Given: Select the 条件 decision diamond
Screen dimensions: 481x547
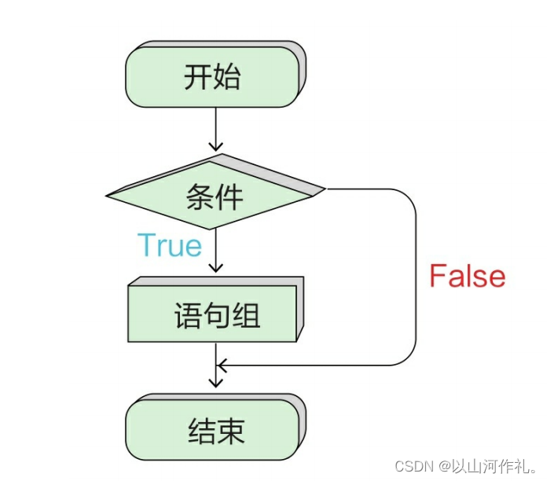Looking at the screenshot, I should point(215,193).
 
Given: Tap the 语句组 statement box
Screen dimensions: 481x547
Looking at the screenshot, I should point(214,314).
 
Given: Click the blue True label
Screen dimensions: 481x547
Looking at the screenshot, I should point(170,245).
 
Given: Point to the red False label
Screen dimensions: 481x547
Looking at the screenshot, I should point(467,277).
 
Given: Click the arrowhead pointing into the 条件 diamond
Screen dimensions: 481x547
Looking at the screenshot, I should point(215,146).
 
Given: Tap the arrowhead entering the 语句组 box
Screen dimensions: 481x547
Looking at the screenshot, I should point(215,267).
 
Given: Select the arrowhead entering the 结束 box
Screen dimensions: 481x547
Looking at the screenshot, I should point(215,383).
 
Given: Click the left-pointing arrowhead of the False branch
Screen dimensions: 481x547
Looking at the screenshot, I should point(222,365).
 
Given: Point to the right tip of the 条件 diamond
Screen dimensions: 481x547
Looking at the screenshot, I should point(324,189).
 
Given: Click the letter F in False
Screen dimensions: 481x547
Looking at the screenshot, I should point(438,277).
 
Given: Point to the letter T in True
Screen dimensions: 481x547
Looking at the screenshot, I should point(147,245).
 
